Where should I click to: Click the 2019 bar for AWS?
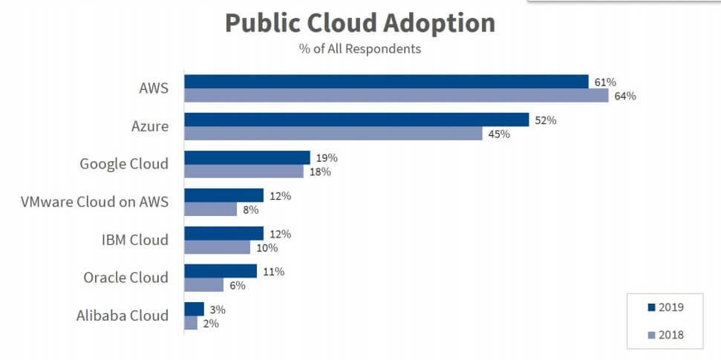click(386, 82)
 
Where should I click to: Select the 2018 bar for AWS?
click(397, 96)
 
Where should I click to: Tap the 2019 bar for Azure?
click(356, 120)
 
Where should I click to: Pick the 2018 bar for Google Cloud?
click(244, 171)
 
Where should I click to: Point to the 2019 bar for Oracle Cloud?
click(221, 271)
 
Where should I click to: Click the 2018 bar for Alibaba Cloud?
click(191, 323)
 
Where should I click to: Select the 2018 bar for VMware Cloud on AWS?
click(210, 209)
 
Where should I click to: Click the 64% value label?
click(625, 96)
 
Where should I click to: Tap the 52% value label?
click(545, 120)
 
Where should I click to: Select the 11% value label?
click(273, 271)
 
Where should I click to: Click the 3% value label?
click(217, 309)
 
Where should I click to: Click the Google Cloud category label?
click(124, 164)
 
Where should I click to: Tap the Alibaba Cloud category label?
click(123, 315)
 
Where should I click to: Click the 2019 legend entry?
click(665, 307)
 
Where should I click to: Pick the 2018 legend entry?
click(665, 336)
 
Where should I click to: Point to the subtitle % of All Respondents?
click(360, 49)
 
